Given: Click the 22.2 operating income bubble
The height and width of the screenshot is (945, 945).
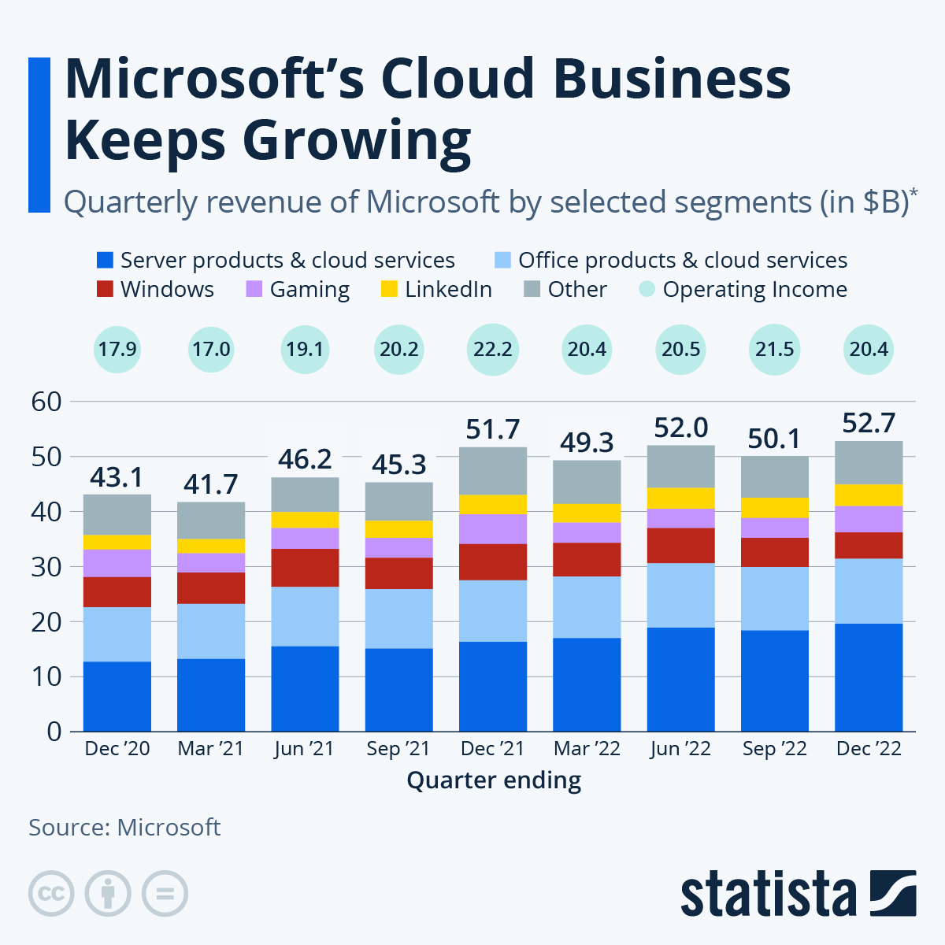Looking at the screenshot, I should pos(493,349).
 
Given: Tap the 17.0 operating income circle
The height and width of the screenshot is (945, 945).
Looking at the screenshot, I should pos(211,349).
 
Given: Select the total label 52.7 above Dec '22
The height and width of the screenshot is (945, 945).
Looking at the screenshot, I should pos(869,423).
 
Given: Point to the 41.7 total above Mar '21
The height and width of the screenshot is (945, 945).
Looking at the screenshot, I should pos(211,484).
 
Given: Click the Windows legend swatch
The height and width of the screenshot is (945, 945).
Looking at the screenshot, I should pos(105,289).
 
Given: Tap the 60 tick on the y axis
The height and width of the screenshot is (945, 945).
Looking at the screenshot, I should pos(46,402).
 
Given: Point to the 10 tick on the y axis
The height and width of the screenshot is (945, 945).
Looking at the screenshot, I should pos(46,676).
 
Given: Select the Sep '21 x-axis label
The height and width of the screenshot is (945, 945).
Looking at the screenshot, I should pos(398,748).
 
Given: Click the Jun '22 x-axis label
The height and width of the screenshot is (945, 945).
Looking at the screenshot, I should pos(680,748).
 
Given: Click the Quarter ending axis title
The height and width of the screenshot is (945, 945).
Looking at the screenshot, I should pos(494,780).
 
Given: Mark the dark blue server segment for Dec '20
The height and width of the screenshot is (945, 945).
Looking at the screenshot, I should pos(117,696).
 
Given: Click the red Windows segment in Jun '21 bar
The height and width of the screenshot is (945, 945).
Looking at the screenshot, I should pos(305,567).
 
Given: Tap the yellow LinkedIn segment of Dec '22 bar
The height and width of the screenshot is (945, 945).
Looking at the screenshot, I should pos(869,495).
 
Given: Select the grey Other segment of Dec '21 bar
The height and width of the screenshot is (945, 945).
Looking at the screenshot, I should pos(493,470).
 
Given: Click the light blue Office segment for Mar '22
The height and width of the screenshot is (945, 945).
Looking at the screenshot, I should pos(587,606).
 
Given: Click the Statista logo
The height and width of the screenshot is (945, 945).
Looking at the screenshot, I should pos(798,893).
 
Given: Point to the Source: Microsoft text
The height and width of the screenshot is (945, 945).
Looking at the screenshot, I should pos(124,827).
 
